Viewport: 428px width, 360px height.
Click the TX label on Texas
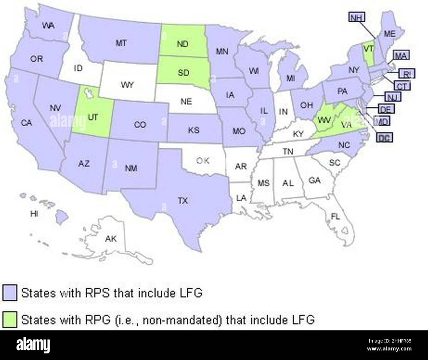pyautogui.click(x=183, y=200)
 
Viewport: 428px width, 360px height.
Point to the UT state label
pyautogui.click(x=93, y=117)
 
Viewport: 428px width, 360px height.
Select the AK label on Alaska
pyautogui.click(x=111, y=239)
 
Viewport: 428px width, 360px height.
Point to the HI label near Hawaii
pyautogui.click(x=34, y=214)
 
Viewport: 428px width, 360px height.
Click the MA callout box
pyautogui.click(x=401, y=55)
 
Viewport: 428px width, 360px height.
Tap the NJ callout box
pyautogui.click(x=392, y=97)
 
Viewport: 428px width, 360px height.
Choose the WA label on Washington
pyautogui.click(x=48, y=25)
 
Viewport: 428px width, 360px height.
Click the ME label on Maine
pyautogui.click(x=389, y=34)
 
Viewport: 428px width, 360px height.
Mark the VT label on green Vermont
pyautogui.click(x=367, y=48)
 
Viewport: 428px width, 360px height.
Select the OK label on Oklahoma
pyautogui.click(x=202, y=161)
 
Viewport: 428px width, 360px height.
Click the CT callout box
pyautogui.click(x=402, y=86)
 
